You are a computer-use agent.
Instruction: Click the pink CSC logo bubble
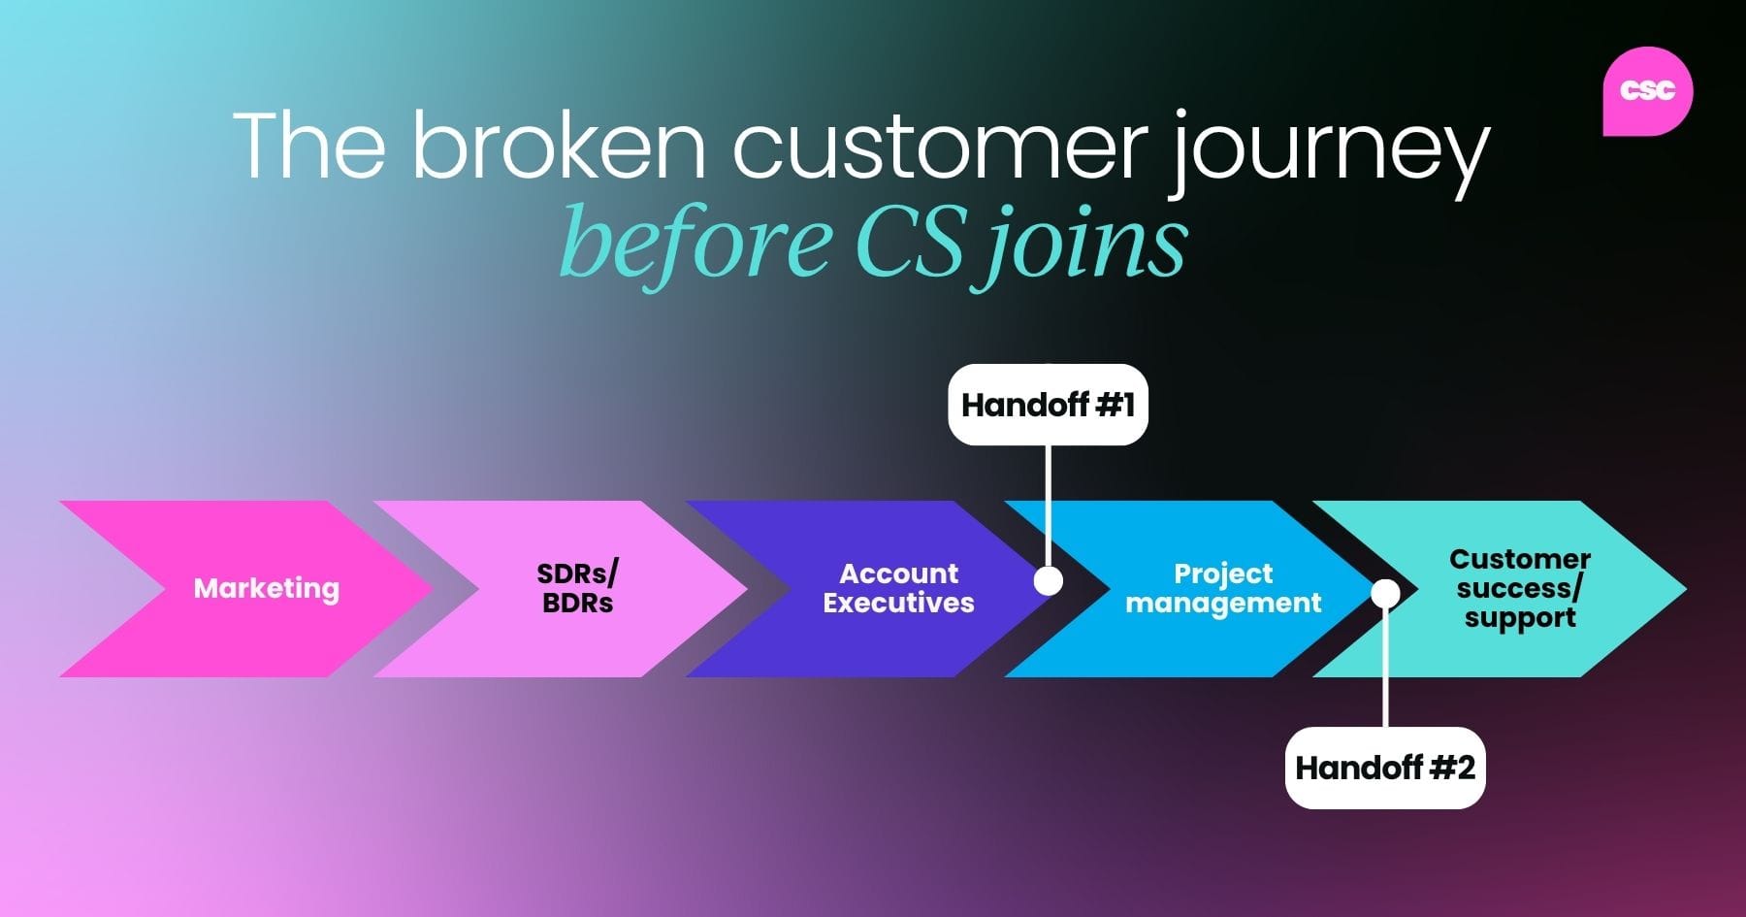(1647, 90)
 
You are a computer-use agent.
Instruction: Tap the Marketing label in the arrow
(267, 588)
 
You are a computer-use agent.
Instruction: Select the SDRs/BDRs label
(578, 588)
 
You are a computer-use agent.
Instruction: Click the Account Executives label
(898, 588)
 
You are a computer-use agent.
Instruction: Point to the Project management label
(1223, 588)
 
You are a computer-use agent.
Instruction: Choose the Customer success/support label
(1520, 588)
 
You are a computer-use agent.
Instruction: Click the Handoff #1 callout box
(1048, 405)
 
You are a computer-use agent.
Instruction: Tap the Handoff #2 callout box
(1385, 768)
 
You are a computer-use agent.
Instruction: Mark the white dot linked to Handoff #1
(1048, 580)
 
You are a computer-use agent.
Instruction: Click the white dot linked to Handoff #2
(1385, 593)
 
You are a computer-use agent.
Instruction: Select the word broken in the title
(559, 147)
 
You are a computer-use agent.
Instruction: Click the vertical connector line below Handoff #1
(1048, 505)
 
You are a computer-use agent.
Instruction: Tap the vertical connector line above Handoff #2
(1385, 670)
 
